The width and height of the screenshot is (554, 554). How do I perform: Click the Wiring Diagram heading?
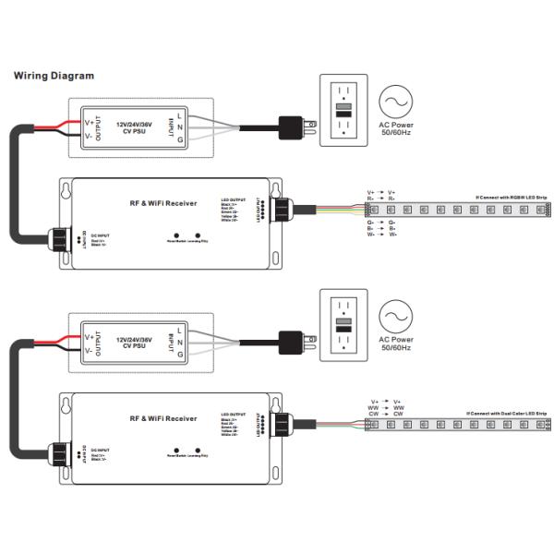click(53, 76)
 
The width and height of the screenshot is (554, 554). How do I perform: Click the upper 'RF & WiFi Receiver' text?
click(163, 202)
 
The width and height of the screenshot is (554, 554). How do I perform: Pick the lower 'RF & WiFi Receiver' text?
click(163, 418)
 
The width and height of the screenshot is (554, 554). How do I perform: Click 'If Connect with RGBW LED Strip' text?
click(512, 197)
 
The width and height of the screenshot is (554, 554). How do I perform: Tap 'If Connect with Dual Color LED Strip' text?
click(507, 413)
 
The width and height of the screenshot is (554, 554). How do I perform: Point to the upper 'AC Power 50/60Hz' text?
click(396, 129)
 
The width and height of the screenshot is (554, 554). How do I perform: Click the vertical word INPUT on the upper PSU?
click(169, 128)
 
